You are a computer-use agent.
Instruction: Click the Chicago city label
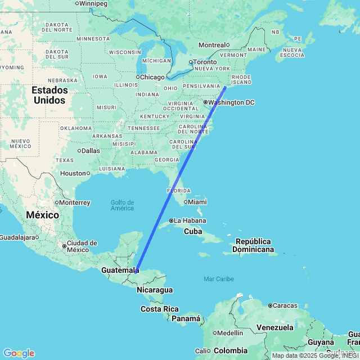pyautogui.click(x=152, y=77)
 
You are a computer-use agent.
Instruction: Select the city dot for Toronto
pyautogui.click(x=191, y=62)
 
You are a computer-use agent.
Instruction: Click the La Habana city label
pyautogui.click(x=190, y=220)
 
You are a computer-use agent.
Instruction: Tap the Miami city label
pyautogui.click(x=197, y=202)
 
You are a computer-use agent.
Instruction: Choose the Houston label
pyautogui.click(x=73, y=173)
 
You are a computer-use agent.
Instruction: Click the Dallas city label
pyautogui.click(x=90, y=151)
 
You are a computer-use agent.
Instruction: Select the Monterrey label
pyautogui.click(x=74, y=202)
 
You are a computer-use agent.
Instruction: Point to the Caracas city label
pyautogui.click(x=285, y=305)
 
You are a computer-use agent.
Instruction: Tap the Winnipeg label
pyautogui.click(x=93, y=3)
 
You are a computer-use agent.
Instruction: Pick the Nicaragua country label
pyautogui.click(x=154, y=290)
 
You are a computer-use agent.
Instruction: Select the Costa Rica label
pyautogui.click(x=160, y=309)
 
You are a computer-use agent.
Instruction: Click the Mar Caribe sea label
pyautogui.click(x=219, y=279)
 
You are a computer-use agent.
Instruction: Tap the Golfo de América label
pyautogui.click(x=122, y=205)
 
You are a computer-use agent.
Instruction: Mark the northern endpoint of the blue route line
pyautogui.click(x=226, y=87)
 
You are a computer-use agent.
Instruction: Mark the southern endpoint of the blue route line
pyautogui.click(x=136, y=272)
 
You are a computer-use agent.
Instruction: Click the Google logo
pyautogui.click(x=19, y=353)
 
